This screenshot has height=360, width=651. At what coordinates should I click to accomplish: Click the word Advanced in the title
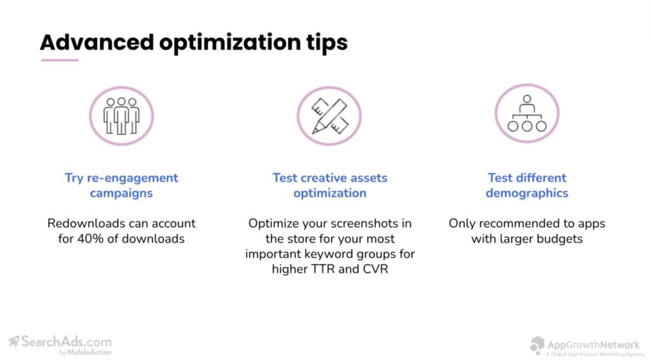[97, 42]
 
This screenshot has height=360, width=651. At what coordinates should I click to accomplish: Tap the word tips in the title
[327, 43]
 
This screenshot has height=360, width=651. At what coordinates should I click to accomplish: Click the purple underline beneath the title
[60, 60]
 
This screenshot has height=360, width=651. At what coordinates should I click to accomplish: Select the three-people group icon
[121, 116]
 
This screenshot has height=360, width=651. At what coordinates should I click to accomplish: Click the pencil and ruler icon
[329, 116]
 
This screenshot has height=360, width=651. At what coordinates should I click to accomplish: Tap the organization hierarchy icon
[527, 113]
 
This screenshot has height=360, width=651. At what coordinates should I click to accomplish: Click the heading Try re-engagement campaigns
[121, 185]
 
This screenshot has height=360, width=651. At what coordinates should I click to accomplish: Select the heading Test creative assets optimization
[330, 185]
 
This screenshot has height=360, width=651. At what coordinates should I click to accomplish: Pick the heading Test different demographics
[527, 185]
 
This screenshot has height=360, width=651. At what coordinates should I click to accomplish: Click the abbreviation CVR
[375, 269]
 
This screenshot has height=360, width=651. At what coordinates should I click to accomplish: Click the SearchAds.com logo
[60, 345]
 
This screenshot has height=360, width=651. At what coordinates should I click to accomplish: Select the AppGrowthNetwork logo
[586, 347]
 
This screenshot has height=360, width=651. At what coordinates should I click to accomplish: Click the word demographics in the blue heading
[527, 193]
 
